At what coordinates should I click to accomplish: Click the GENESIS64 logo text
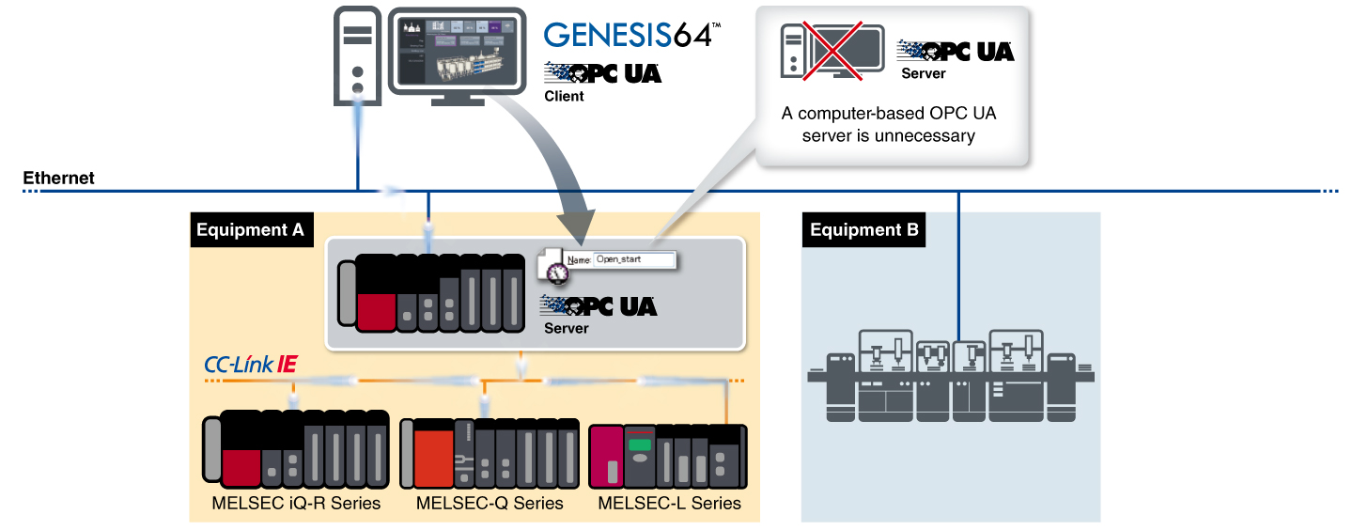click(x=632, y=35)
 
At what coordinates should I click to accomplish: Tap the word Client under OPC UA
click(x=564, y=96)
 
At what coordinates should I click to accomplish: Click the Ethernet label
click(x=58, y=179)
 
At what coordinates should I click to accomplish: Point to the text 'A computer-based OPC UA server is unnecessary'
click(x=889, y=125)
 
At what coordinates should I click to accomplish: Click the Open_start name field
click(x=634, y=259)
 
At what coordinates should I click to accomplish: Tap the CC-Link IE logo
click(x=251, y=364)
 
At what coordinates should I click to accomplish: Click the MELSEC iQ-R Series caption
click(x=296, y=503)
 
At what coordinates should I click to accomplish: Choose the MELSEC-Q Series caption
click(x=490, y=503)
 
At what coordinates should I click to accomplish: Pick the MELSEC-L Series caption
click(x=670, y=503)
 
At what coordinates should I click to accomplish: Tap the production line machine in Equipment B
click(x=952, y=381)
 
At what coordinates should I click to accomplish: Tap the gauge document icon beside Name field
click(x=554, y=268)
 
